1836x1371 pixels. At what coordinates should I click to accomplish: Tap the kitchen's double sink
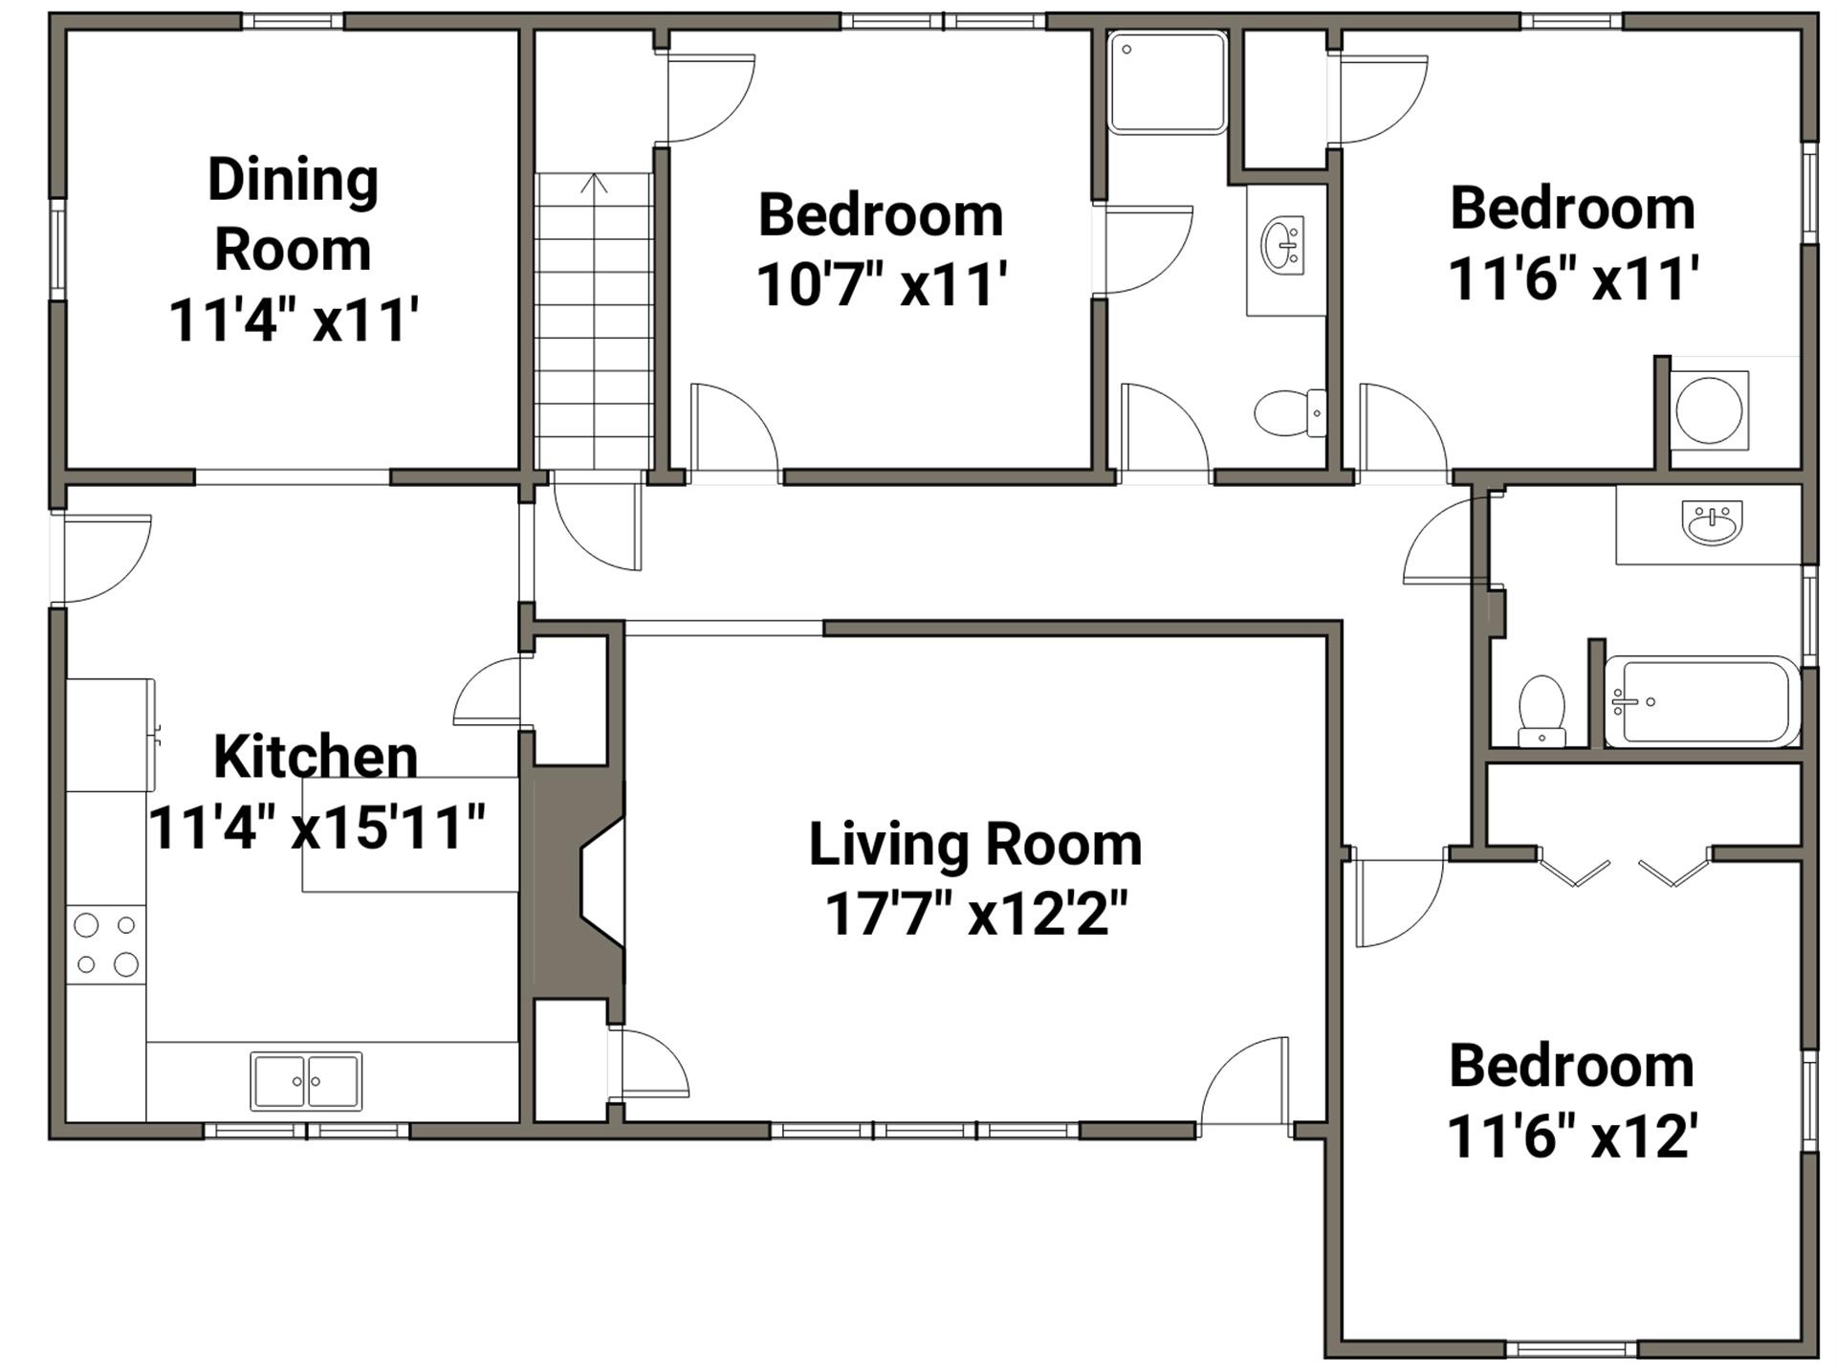pos(306,1081)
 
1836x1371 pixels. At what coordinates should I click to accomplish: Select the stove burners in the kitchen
pos(106,944)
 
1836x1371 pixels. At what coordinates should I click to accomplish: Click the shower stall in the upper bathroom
pos(1168,82)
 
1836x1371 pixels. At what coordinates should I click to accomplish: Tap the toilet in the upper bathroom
pos(1290,413)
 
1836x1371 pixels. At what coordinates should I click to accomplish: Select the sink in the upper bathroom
pos(1282,246)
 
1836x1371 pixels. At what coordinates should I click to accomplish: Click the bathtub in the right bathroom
pos(1702,701)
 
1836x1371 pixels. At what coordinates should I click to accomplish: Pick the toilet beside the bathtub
pos(1541,711)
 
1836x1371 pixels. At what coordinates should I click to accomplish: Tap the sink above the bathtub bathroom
pos(1712,522)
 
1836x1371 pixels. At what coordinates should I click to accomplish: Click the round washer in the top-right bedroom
pos(1709,409)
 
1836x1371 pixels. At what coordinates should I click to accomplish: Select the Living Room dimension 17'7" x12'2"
pos(975,914)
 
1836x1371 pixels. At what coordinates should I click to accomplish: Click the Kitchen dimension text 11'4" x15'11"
pos(317,827)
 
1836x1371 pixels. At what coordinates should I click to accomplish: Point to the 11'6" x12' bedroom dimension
pos(1572,1136)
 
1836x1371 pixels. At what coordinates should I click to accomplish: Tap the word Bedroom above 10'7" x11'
pos(881,214)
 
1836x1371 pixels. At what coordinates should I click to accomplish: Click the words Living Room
pos(975,845)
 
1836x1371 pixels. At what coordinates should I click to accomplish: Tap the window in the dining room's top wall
pos(293,21)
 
